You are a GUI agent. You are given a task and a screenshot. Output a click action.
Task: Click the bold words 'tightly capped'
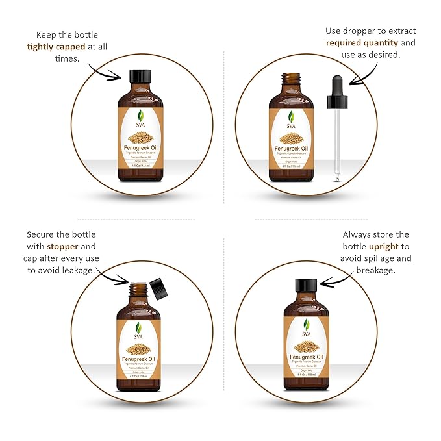click(55, 46)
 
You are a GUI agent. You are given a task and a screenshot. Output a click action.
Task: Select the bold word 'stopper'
click(77, 247)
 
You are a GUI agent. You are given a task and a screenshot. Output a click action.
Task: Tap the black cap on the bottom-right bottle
click(305, 286)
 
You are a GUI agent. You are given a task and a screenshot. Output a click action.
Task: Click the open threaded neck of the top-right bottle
click(292, 79)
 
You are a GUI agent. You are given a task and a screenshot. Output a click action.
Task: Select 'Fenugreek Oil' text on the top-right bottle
click(292, 148)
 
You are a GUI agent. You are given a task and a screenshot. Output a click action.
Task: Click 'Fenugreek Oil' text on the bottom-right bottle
click(305, 357)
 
